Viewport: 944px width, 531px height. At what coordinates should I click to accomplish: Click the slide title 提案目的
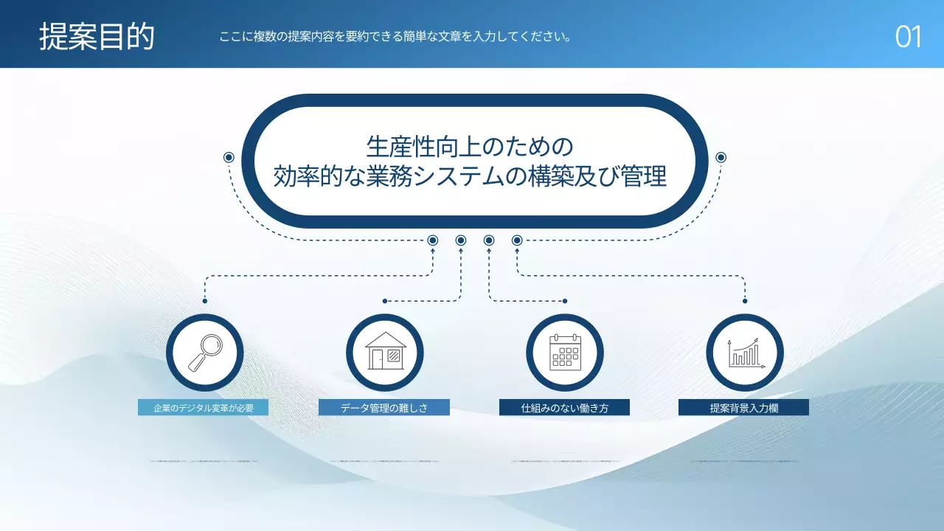pos(97,36)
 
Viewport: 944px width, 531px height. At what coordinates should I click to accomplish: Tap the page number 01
pos(908,37)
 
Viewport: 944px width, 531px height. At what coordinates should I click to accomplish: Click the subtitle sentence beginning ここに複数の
pos(395,37)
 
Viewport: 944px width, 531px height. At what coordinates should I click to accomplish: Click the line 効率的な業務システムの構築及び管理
pos(470,178)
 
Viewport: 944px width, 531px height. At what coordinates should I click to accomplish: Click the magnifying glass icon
pos(204,353)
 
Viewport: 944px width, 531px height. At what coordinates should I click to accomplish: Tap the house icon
pos(384,353)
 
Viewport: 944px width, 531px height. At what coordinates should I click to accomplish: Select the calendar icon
pos(565,353)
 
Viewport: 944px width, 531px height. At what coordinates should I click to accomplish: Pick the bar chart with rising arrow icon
pos(745,353)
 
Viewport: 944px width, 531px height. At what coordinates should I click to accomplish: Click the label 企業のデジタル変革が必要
pos(203,408)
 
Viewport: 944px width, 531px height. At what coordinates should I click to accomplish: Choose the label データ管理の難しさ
pos(383,408)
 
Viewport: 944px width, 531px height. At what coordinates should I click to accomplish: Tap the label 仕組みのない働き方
pos(564,408)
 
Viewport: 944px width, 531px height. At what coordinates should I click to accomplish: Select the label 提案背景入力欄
pos(743,408)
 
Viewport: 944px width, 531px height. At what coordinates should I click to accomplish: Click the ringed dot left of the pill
pos(229,157)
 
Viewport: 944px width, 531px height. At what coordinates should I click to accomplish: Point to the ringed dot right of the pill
pos(721,157)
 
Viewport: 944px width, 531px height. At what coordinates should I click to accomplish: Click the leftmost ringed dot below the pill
pos(433,240)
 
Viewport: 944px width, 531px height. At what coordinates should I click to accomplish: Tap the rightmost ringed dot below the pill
pos(517,240)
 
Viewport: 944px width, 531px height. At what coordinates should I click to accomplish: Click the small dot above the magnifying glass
pos(204,301)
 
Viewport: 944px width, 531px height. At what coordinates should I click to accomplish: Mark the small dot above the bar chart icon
pos(745,301)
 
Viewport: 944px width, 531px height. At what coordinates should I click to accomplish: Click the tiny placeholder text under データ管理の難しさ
pos(383,461)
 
